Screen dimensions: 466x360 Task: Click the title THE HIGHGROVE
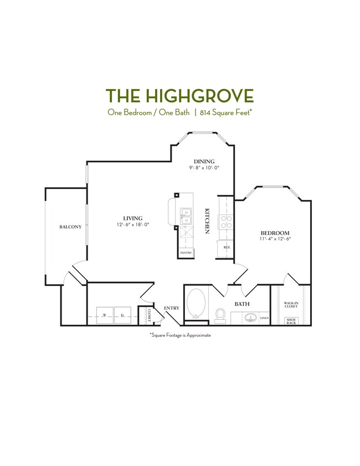pyautogui.click(x=179, y=95)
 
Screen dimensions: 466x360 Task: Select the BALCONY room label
pyautogui.click(x=71, y=227)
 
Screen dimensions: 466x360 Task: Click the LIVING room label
pyautogui.click(x=133, y=218)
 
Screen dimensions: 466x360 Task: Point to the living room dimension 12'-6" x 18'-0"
pyautogui.click(x=133, y=225)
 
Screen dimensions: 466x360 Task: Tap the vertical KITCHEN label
pyautogui.click(x=208, y=221)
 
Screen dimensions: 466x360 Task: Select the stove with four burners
pyautogui.click(x=227, y=222)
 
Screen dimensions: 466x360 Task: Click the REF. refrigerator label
pyautogui.click(x=227, y=247)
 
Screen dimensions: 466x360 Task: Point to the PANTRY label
pyautogui.click(x=186, y=253)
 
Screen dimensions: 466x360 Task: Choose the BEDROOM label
pyautogui.click(x=275, y=233)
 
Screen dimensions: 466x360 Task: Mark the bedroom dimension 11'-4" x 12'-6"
pyautogui.click(x=275, y=239)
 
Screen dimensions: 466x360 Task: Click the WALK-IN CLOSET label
pyautogui.click(x=291, y=305)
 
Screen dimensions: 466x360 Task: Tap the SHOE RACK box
pyautogui.click(x=291, y=321)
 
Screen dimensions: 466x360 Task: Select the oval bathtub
pyautogui.click(x=196, y=303)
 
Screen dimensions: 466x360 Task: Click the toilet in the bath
pyautogui.click(x=219, y=315)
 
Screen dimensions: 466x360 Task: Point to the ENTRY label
pyautogui.click(x=172, y=308)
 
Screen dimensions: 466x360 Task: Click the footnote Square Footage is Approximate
pyautogui.click(x=180, y=335)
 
